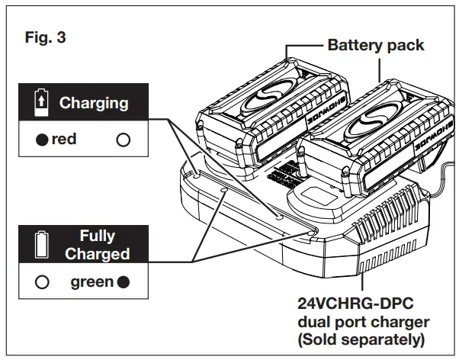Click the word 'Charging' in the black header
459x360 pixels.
pos(94,103)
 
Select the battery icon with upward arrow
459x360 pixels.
pos(41,102)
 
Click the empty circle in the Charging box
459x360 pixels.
pos(123,140)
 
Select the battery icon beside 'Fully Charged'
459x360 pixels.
pos(41,246)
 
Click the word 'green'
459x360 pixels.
pos(92,282)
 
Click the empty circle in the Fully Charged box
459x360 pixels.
pos(43,282)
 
